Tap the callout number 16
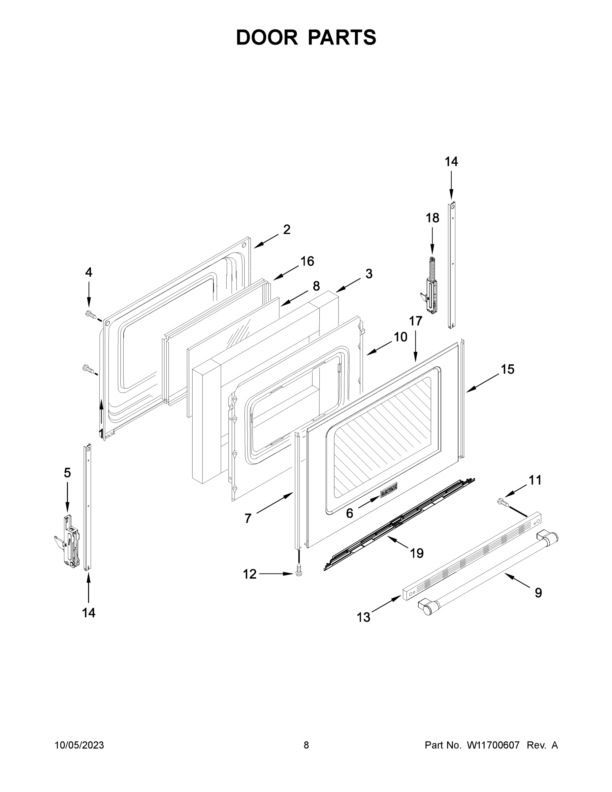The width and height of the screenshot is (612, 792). click(x=307, y=261)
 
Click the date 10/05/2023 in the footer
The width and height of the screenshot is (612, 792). click(x=80, y=745)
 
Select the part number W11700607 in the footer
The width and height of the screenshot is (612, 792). click(x=493, y=745)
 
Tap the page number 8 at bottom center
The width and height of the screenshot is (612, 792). click(x=306, y=745)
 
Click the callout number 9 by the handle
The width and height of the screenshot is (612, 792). click(x=538, y=593)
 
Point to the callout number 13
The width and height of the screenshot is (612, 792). click(x=363, y=617)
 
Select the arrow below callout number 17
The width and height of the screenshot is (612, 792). click(x=415, y=346)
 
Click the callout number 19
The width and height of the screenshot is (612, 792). click(x=417, y=553)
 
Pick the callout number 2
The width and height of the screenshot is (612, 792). click(x=286, y=230)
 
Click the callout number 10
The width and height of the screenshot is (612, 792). click(x=400, y=337)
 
